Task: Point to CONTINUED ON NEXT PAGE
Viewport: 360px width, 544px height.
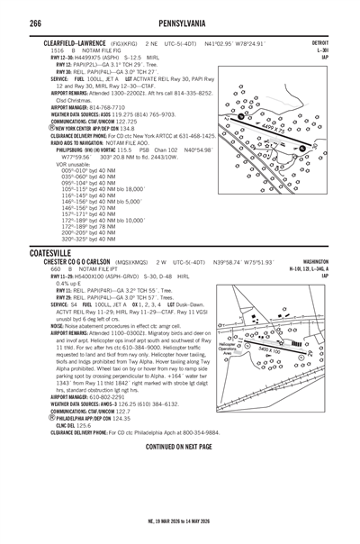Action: [180, 446]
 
